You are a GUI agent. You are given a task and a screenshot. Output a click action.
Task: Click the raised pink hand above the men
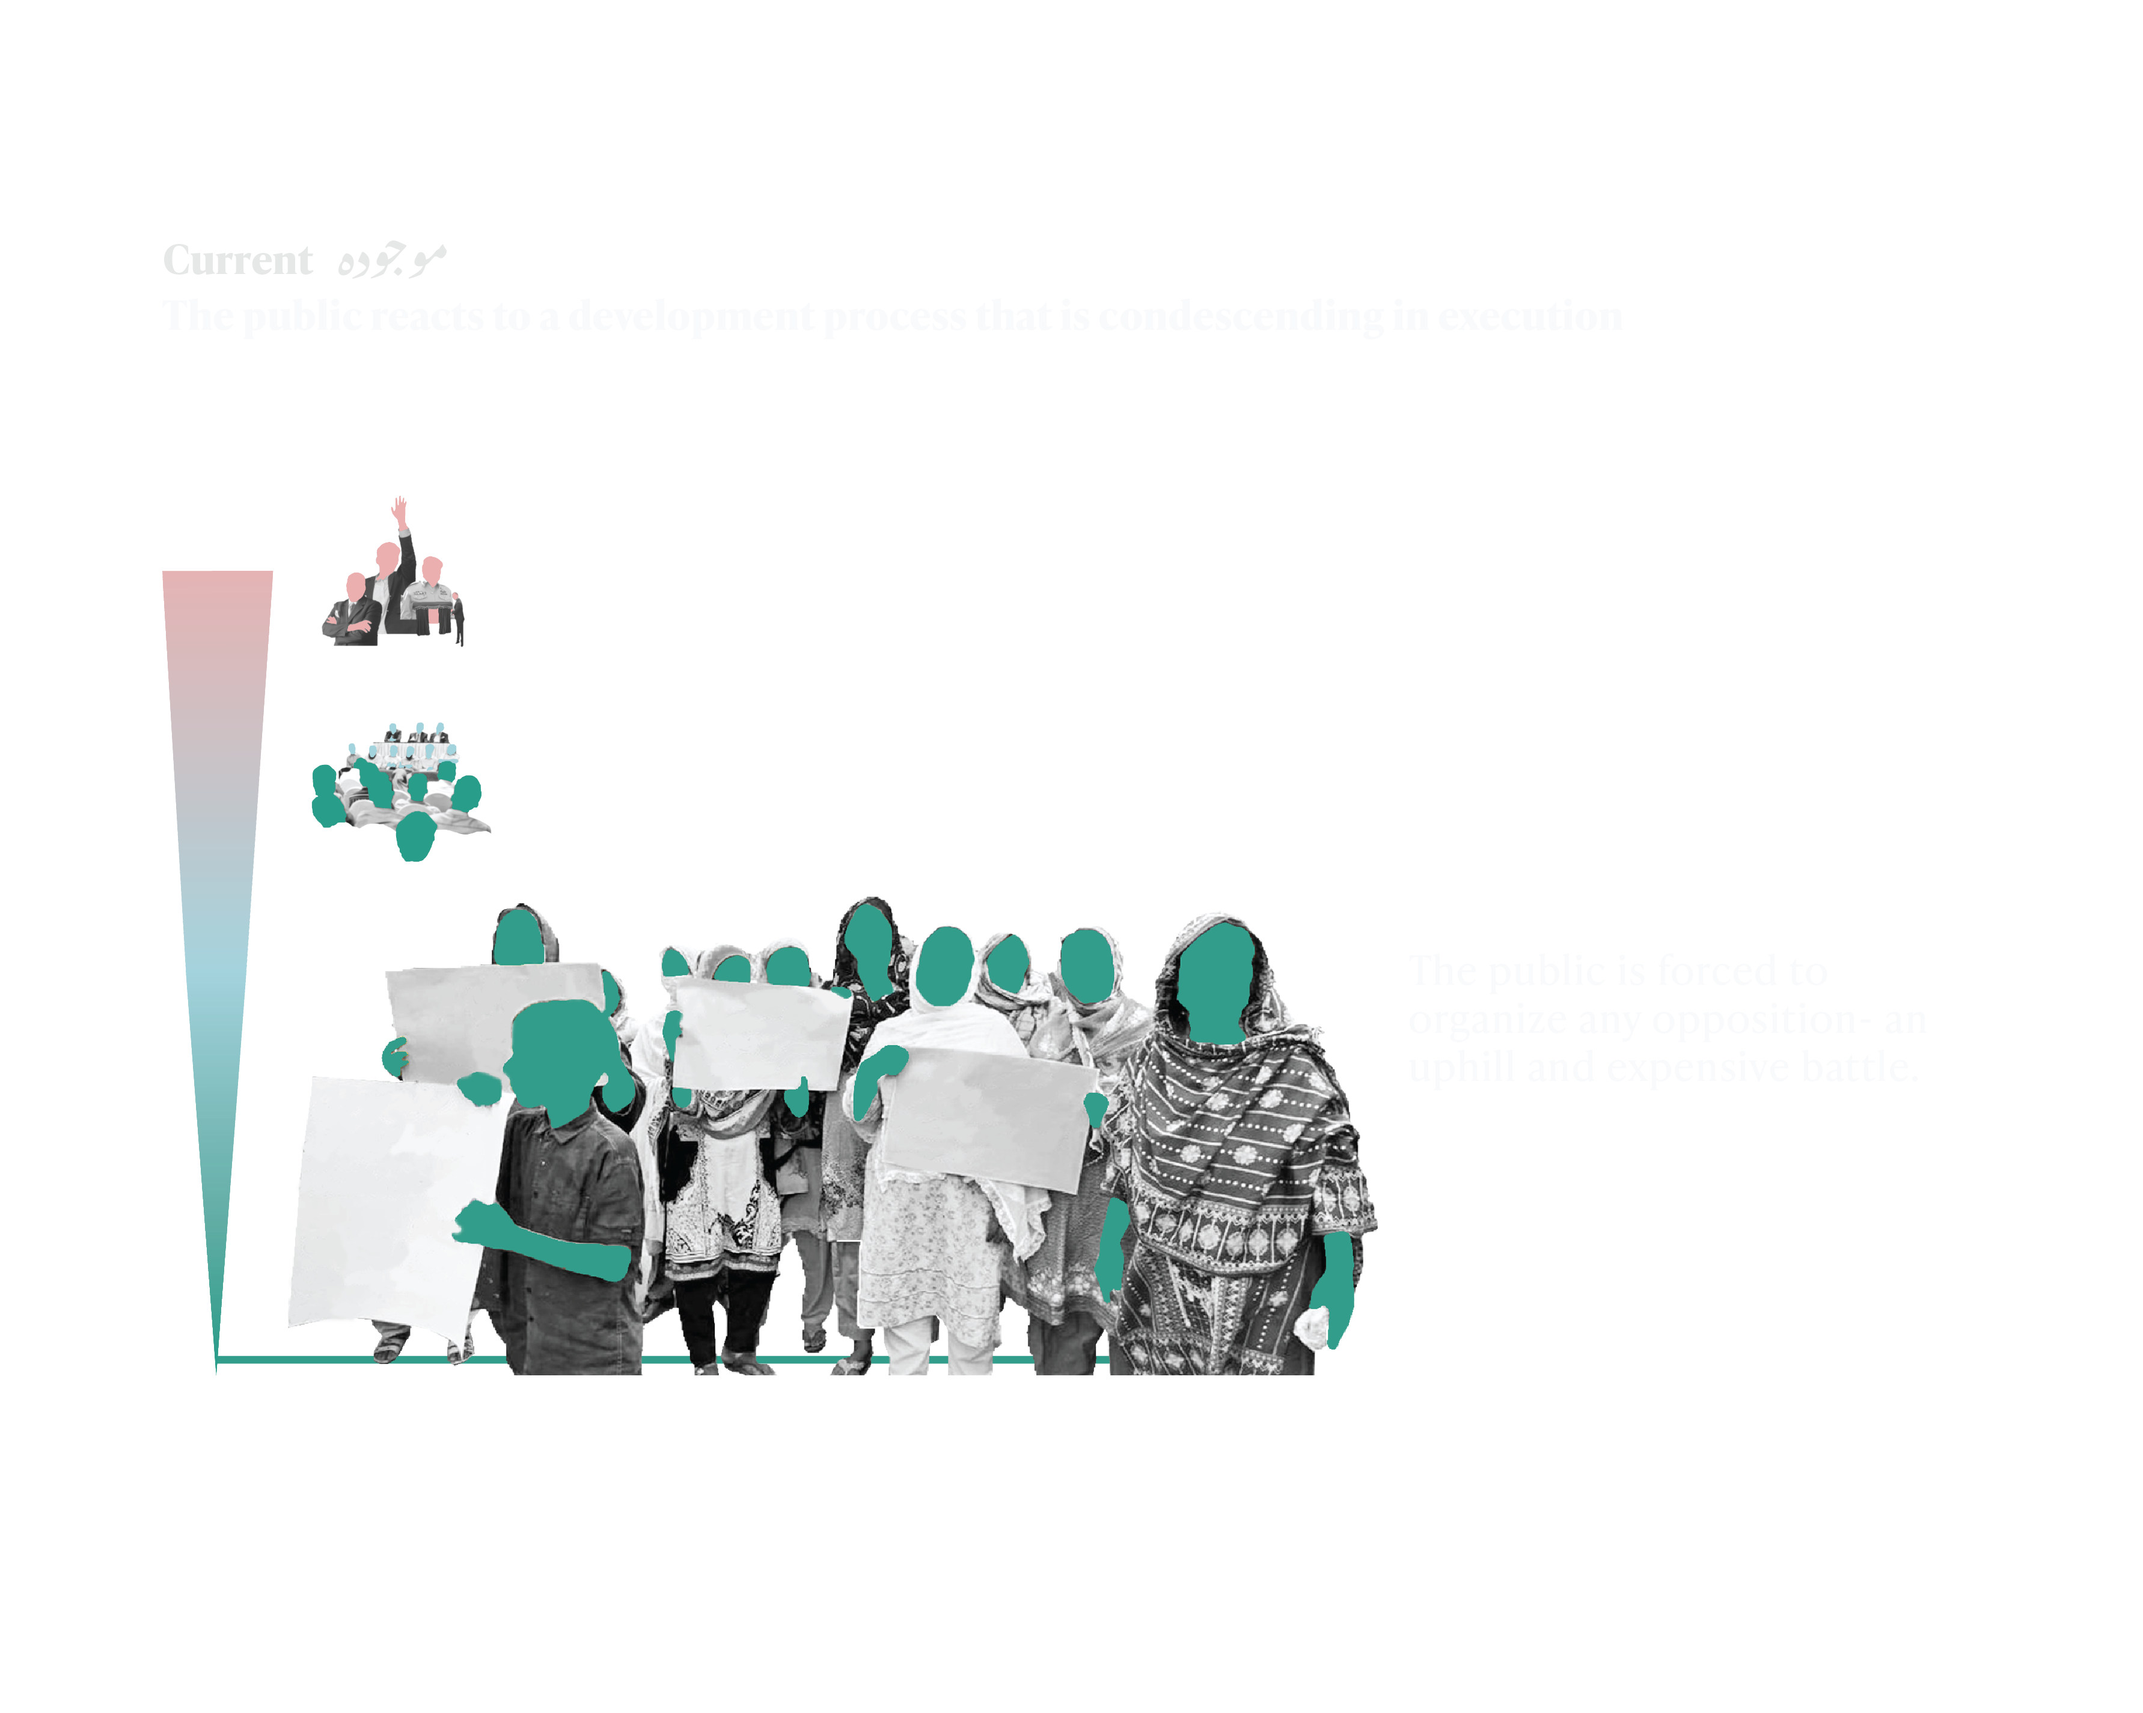click(x=400, y=512)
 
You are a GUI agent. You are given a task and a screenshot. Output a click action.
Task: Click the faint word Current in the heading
click(x=237, y=260)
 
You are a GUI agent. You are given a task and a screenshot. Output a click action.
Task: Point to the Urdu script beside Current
click(x=391, y=260)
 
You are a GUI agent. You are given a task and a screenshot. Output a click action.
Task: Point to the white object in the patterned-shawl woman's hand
click(x=1314, y=1327)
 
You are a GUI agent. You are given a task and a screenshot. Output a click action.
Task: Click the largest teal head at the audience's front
click(x=415, y=836)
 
